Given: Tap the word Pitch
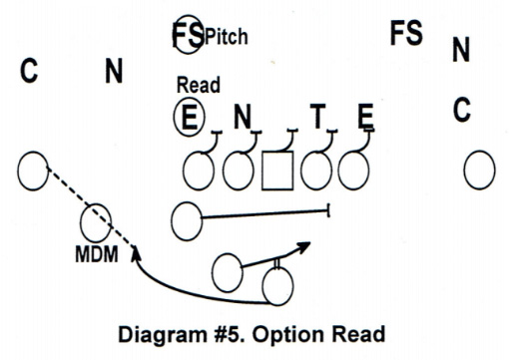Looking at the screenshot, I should click(227, 38).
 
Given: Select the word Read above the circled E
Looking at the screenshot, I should click(198, 86).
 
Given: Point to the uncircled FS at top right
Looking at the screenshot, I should click(406, 33).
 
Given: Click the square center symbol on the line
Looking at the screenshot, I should click(276, 171).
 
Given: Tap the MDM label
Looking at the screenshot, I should click(98, 254).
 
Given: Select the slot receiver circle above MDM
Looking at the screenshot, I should click(97, 219).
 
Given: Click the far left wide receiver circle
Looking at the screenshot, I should click(33, 171).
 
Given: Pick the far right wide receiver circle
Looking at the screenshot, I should click(480, 169).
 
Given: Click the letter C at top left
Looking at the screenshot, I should click(30, 71).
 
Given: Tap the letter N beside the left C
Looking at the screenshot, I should click(114, 71).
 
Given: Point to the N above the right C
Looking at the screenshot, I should click(460, 49).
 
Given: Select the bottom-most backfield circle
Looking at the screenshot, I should click(277, 288).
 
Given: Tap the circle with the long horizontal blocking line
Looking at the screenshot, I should click(186, 219).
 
